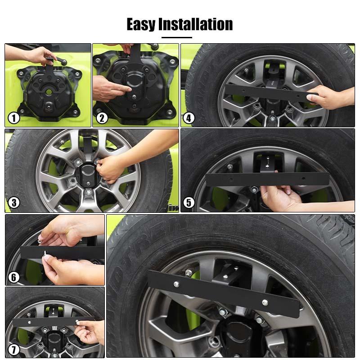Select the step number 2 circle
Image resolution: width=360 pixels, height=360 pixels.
point(102,118)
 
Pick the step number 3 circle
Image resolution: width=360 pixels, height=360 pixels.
point(14,202)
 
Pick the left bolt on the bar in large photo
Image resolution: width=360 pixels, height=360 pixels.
point(175,283)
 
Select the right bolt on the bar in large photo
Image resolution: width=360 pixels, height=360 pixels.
point(265,302)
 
